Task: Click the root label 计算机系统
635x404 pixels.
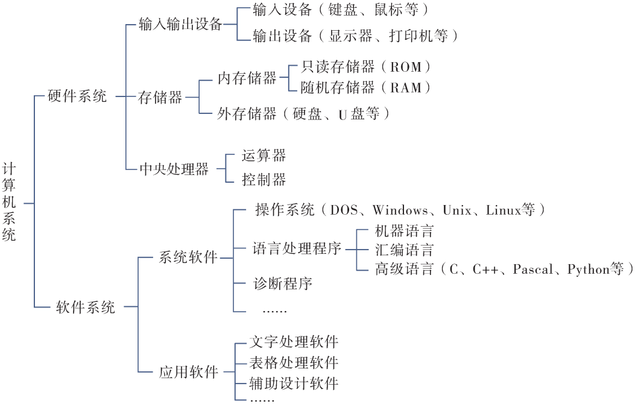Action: (x=9, y=203)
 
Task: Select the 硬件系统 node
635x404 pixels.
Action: (x=77, y=96)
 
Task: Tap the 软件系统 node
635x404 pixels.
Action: (x=86, y=308)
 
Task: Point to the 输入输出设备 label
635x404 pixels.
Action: (x=181, y=24)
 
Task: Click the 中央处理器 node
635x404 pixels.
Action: (x=174, y=169)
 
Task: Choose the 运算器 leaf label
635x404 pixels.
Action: (x=264, y=156)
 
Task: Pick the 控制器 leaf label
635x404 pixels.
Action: (x=264, y=179)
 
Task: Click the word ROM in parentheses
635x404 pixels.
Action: (x=406, y=67)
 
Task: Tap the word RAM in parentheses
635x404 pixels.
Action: (x=406, y=88)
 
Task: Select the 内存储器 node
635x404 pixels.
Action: (x=247, y=78)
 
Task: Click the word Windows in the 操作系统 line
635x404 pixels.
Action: (x=400, y=210)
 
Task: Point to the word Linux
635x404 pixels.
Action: (x=504, y=210)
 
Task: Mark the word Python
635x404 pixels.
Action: (x=589, y=270)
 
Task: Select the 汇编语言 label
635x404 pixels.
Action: (x=404, y=250)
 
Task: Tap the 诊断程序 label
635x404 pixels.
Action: (x=283, y=283)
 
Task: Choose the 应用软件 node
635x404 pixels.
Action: (x=189, y=372)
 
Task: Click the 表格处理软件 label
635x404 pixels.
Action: (x=294, y=363)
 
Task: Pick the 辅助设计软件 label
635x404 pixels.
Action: (x=294, y=383)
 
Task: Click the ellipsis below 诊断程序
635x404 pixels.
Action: (x=274, y=311)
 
